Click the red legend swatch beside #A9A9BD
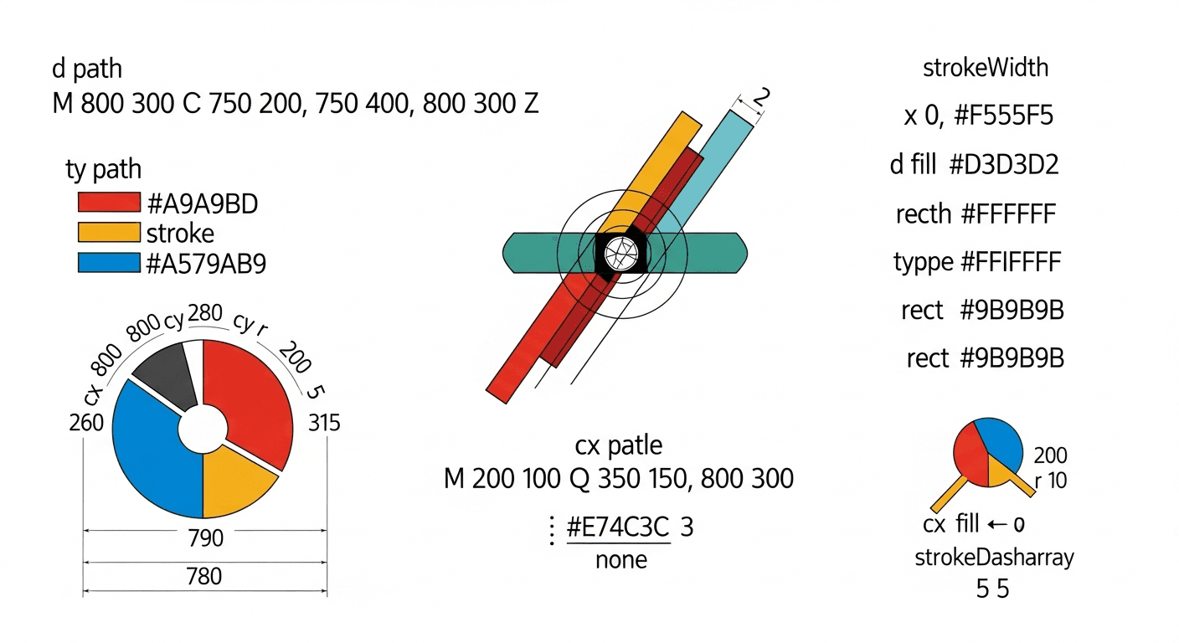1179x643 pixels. [x=109, y=202]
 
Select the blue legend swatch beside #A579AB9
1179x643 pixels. [x=109, y=263]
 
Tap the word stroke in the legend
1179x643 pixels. [x=180, y=233]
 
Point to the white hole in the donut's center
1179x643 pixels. [x=203, y=429]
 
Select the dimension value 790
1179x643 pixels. [x=206, y=538]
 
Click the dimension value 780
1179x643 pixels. [x=204, y=576]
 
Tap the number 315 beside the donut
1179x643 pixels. [x=324, y=423]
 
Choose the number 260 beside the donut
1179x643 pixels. [x=86, y=423]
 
